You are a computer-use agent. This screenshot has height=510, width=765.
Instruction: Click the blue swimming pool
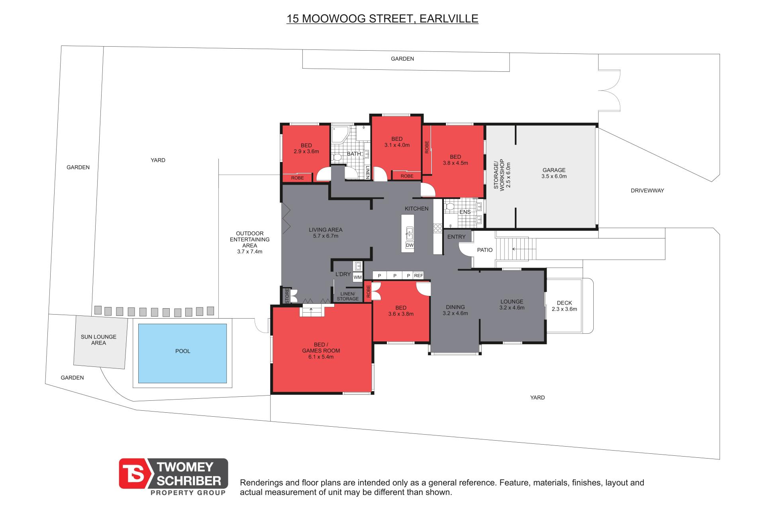click(x=182, y=353)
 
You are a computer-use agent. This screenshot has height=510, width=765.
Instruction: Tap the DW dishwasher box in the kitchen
click(x=410, y=245)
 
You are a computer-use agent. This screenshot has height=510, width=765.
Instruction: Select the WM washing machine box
click(x=358, y=277)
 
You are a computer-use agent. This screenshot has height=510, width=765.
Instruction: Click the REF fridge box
click(x=418, y=276)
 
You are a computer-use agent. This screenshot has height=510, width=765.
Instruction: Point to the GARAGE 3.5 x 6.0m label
click(x=554, y=173)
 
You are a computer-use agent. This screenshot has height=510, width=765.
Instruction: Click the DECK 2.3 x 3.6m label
click(x=564, y=306)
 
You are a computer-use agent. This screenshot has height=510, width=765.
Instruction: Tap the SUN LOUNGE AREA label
click(x=98, y=340)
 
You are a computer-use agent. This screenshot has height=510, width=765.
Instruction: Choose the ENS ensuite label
click(x=465, y=212)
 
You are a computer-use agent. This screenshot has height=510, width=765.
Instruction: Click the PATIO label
click(x=485, y=250)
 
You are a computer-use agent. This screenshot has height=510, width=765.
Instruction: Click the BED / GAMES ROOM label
click(x=321, y=351)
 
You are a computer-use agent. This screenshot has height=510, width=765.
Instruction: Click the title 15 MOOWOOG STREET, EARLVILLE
click(x=382, y=19)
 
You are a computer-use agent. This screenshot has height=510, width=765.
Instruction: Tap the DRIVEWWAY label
click(x=647, y=191)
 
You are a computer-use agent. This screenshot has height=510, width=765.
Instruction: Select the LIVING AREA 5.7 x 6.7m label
click(x=326, y=232)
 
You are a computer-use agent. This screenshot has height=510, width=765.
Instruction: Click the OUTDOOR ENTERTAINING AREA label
click(x=250, y=242)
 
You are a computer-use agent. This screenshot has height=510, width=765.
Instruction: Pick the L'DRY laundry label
click(x=343, y=274)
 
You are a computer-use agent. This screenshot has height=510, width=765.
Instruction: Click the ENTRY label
click(x=456, y=237)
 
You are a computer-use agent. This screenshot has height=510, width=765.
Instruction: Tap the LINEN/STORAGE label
click(x=348, y=296)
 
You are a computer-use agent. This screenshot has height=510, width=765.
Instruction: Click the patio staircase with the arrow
click(x=516, y=249)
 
